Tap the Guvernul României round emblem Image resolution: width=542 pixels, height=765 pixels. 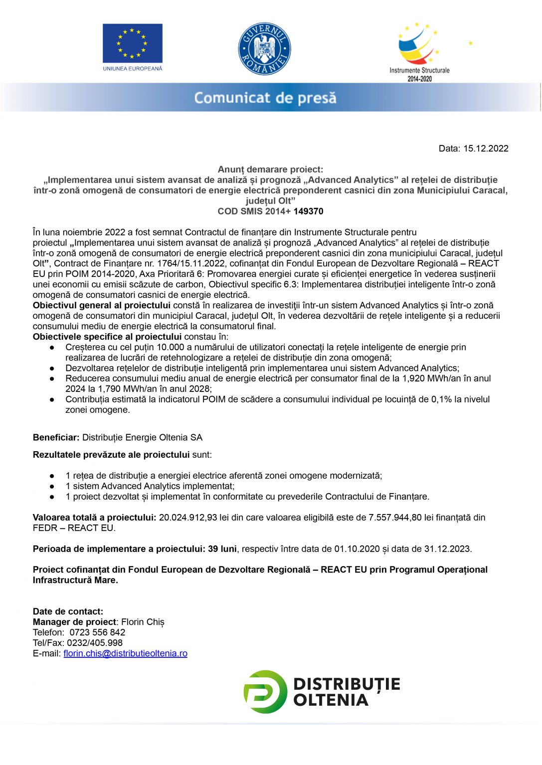[264, 49]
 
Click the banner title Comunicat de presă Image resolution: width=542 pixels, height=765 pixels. [265, 98]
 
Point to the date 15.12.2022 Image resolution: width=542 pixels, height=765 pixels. [486, 148]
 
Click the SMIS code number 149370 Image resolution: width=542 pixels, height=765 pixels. [308, 211]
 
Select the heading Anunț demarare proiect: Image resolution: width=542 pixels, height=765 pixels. [270, 169]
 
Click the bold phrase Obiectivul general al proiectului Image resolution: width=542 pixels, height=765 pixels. [102, 305]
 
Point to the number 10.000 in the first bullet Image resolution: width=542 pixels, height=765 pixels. [170, 347]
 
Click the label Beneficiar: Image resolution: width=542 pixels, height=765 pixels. [56, 437]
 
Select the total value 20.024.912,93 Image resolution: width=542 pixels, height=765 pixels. [188, 517]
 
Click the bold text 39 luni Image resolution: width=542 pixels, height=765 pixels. [222, 549]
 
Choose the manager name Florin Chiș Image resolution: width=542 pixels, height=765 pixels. [143, 622]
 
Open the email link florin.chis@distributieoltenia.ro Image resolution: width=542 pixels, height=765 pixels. [125, 653]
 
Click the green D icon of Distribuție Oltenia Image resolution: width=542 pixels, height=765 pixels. [265, 692]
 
